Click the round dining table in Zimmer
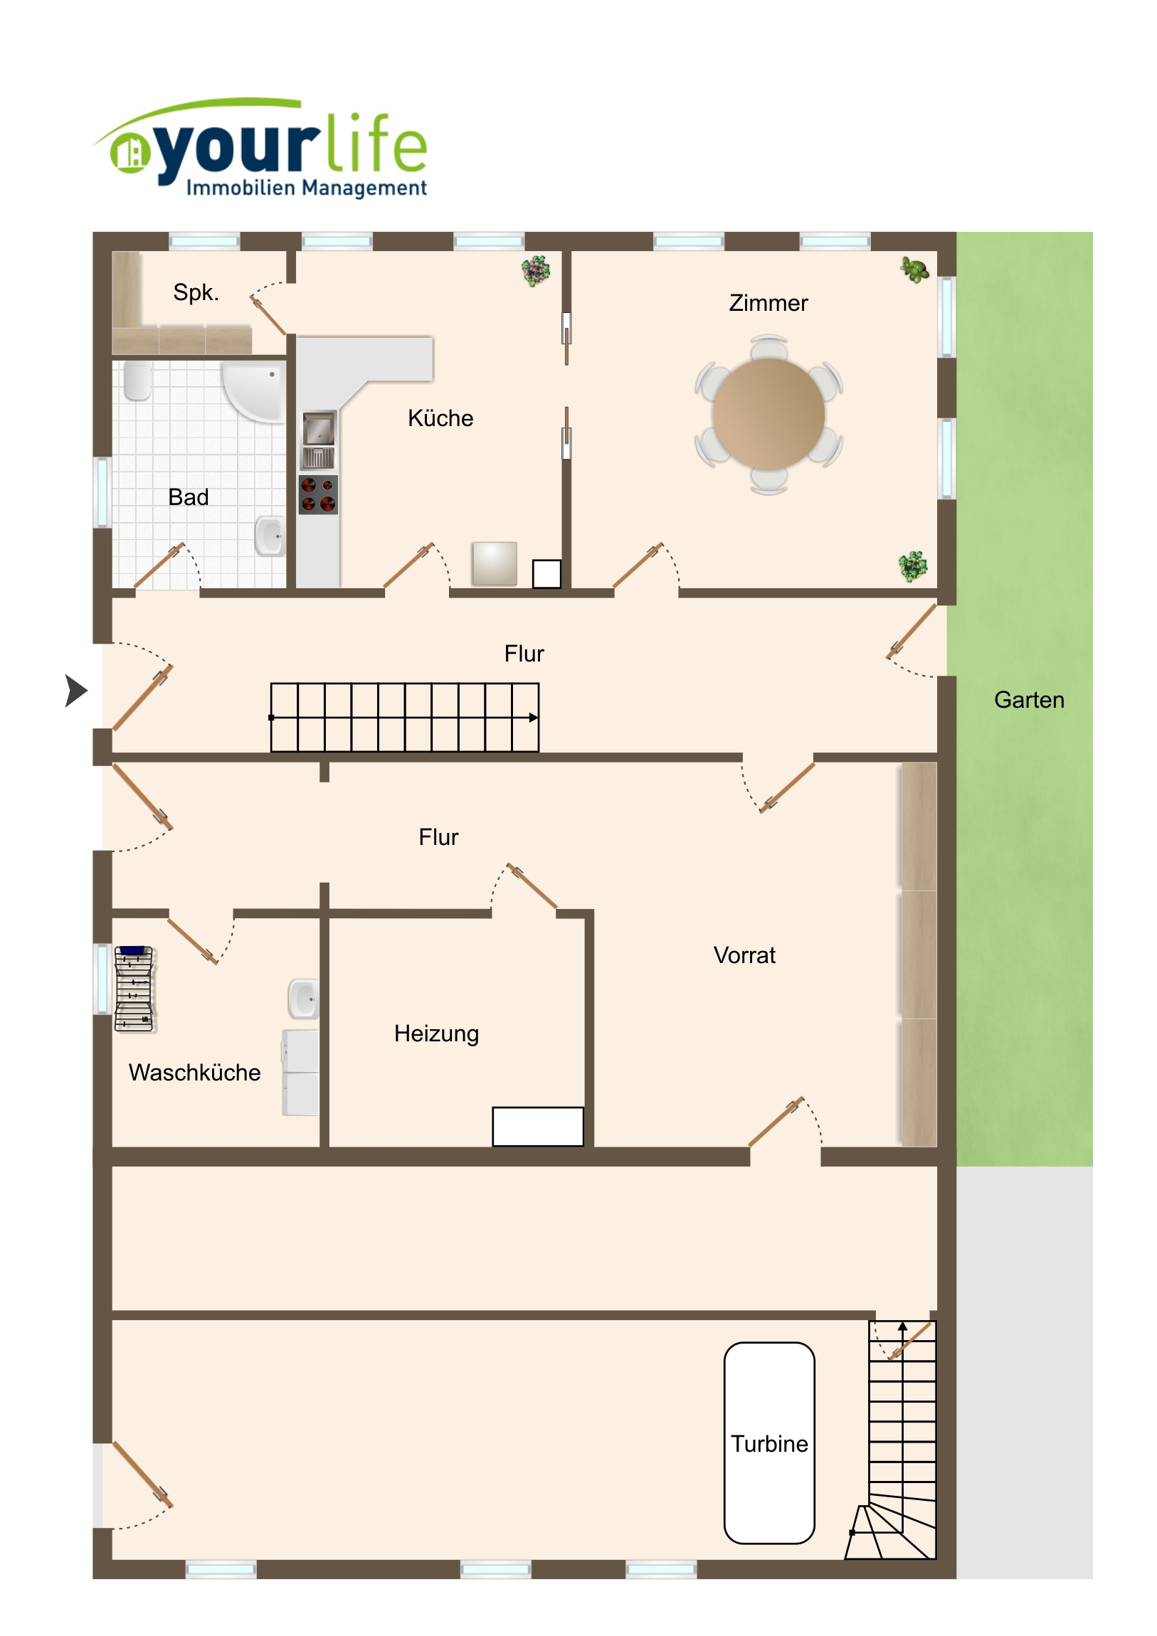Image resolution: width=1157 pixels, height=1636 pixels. pyautogui.click(x=768, y=414)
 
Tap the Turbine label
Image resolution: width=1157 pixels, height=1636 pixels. pyautogui.click(x=769, y=1444)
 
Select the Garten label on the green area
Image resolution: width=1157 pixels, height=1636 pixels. pyautogui.click(x=1029, y=700)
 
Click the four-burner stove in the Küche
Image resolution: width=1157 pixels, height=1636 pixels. pyautogui.click(x=318, y=494)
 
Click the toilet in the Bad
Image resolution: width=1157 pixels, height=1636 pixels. pyautogui.click(x=137, y=381)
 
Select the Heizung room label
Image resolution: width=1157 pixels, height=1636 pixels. pyautogui.click(x=436, y=1034)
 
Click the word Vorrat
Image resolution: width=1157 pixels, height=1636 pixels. pyautogui.click(x=744, y=955)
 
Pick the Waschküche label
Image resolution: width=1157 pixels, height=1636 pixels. pyautogui.click(x=195, y=1073)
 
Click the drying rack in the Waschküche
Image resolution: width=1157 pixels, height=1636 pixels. pyautogui.click(x=134, y=988)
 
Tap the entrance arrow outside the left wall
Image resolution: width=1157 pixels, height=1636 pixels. pyautogui.click(x=75, y=691)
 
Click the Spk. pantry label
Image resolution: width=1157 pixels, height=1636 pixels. pyautogui.click(x=196, y=292)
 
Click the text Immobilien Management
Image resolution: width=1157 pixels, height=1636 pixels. pyautogui.click(x=307, y=188)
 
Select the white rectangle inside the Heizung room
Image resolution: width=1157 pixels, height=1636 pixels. pyautogui.click(x=537, y=1126)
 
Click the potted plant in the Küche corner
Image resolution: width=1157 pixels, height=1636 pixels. pyautogui.click(x=536, y=271)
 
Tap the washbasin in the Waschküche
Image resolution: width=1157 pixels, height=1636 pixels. pyautogui.click(x=304, y=998)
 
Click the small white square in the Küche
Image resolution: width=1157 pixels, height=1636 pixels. pyautogui.click(x=546, y=573)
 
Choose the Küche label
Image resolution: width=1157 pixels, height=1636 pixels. pyautogui.click(x=440, y=418)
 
